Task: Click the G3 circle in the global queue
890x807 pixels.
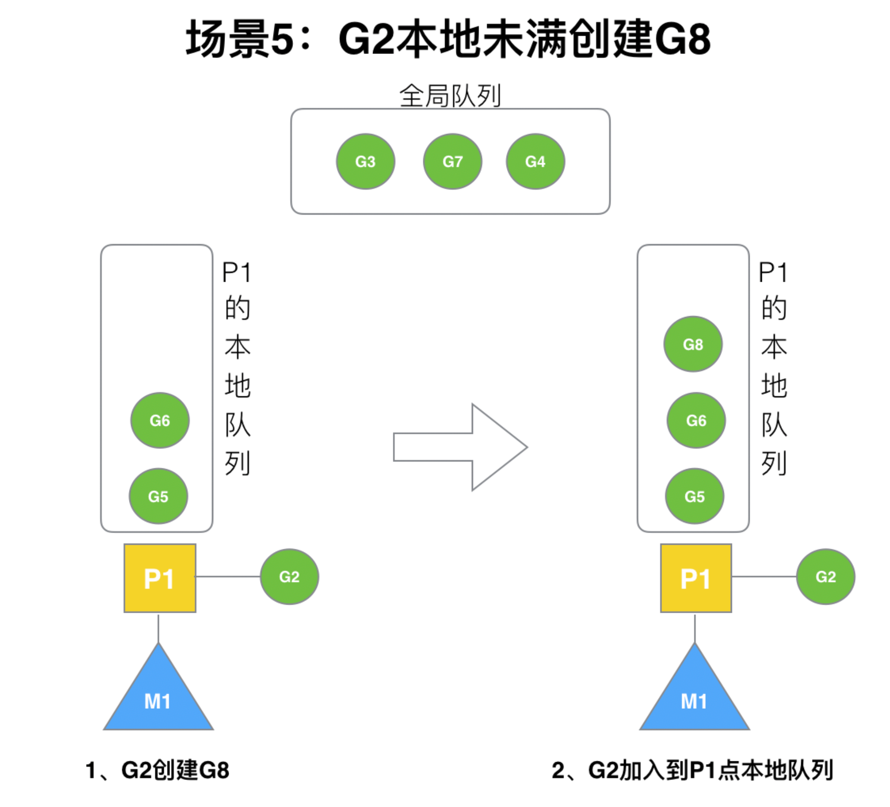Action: (x=365, y=161)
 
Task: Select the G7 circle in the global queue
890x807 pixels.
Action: (x=452, y=161)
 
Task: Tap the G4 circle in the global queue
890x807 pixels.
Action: (x=535, y=161)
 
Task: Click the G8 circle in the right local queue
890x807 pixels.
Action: (x=693, y=344)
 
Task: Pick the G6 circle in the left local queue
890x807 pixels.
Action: (x=160, y=420)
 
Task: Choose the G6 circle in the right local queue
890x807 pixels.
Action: (x=696, y=420)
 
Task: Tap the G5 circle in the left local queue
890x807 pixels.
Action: (x=158, y=496)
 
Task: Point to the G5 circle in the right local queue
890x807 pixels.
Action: (x=694, y=496)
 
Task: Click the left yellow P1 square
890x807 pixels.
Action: (x=160, y=578)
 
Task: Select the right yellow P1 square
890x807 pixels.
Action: (x=696, y=578)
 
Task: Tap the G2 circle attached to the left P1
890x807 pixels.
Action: (x=289, y=576)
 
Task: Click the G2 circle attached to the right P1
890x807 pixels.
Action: (x=825, y=576)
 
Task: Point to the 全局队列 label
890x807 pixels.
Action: (x=450, y=96)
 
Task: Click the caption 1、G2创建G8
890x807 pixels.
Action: (x=158, y=770)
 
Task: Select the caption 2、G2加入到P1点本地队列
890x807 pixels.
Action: (x=692, y=770)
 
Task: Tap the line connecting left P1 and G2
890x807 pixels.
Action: (x=228, y=576)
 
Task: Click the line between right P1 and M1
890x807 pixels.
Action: (x=694, y=628)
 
